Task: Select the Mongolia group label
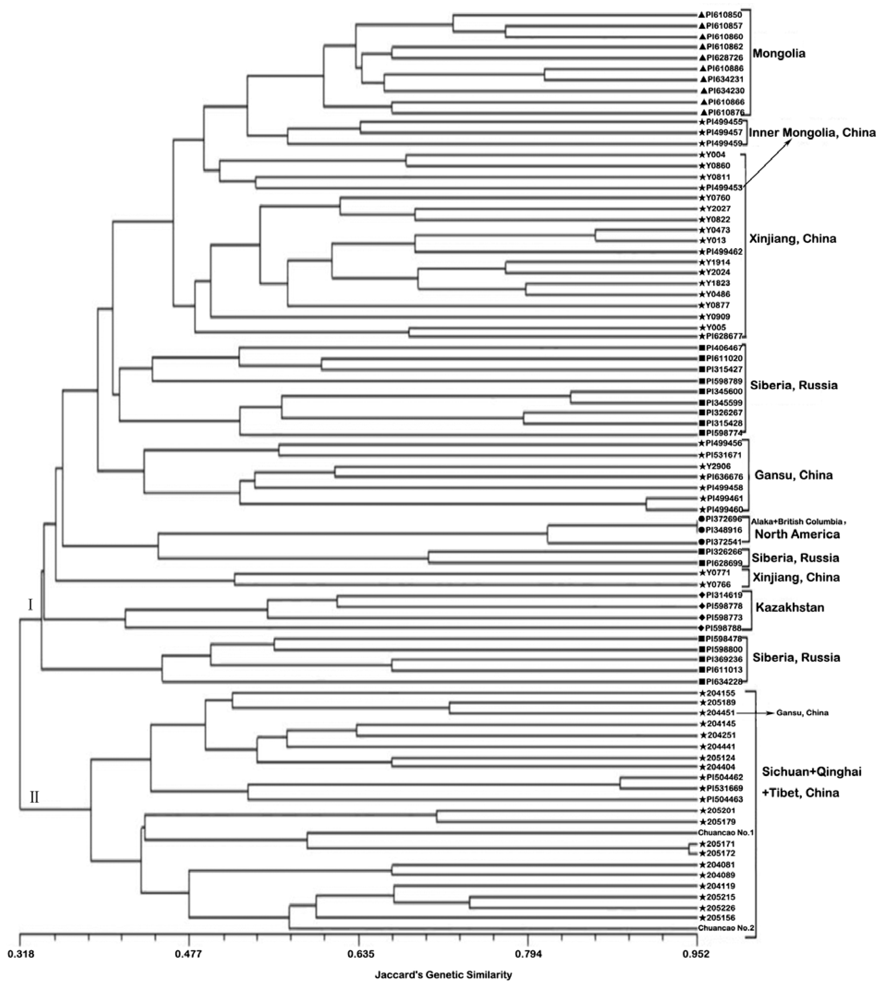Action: click(779, 53)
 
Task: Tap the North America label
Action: click(797, 534)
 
